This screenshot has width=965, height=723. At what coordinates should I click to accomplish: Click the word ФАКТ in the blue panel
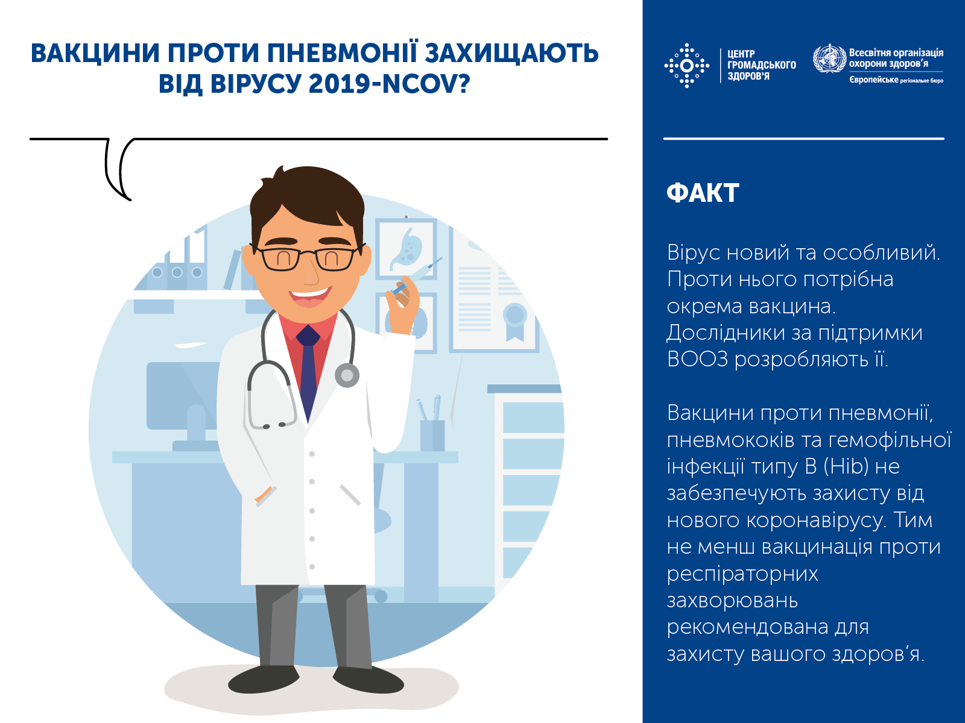tap(703, 193)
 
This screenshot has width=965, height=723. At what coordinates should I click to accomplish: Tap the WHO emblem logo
tap(829, 59)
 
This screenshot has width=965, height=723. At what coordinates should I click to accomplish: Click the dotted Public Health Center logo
tap(686, 65)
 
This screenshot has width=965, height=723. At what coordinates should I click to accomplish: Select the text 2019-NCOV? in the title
tap(389, 84)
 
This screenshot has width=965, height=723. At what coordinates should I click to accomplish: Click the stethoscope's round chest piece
tap(347, 375)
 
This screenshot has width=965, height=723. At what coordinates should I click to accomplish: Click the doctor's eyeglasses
tap(308, 258)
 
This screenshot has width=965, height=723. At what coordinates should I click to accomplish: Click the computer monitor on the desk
tap(181, 395)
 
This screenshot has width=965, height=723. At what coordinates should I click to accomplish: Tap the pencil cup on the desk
tap(432, 434)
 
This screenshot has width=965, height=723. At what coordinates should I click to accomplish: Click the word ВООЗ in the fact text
tap(697, 360)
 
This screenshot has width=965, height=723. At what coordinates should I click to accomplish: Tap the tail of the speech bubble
tap(118, 175)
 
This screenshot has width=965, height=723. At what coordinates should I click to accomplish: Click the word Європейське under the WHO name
tap(873, 80)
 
